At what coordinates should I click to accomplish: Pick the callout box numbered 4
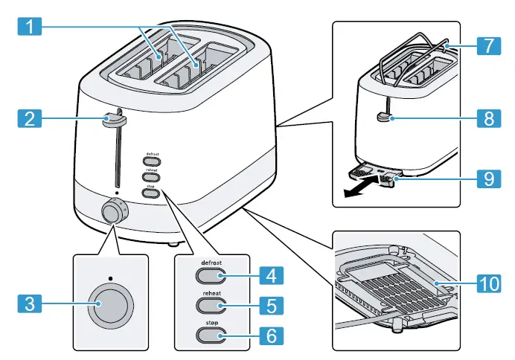(272, 277)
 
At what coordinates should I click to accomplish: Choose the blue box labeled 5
(272, 306)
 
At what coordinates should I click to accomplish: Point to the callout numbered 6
(272, 335)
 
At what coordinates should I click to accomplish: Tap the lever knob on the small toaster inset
(383, 116)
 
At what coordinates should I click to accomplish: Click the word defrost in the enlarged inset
(213, 263)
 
